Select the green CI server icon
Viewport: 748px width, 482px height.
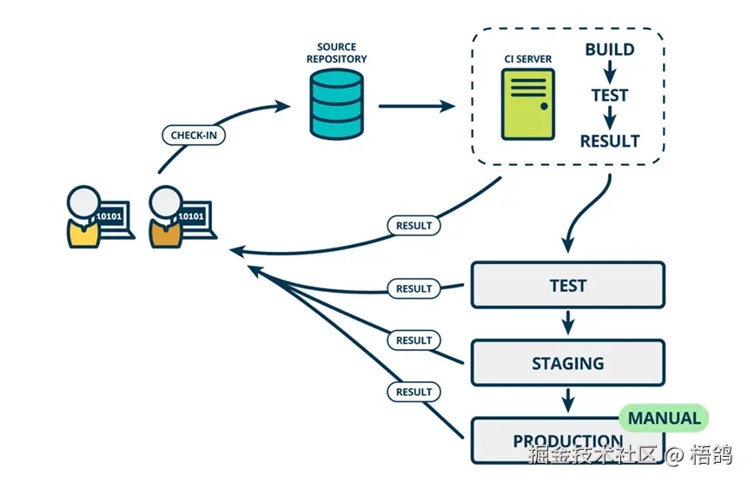527,104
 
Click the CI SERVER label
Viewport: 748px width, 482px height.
527,59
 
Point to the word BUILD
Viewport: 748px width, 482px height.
609,50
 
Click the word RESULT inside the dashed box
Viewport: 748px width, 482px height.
610,141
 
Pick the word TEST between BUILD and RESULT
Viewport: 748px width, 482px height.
610,95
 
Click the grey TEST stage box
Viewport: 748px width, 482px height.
567,285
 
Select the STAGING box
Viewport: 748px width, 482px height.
567,362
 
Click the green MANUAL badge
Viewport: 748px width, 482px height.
664,418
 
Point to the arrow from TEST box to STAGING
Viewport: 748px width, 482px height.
568,323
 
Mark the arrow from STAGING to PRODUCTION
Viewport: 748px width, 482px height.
568,400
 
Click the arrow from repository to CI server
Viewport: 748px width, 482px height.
417,106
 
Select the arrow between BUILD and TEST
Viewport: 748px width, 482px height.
610,72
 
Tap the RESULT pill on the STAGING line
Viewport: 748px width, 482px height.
414,340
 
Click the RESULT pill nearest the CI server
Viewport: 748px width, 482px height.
414,225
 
